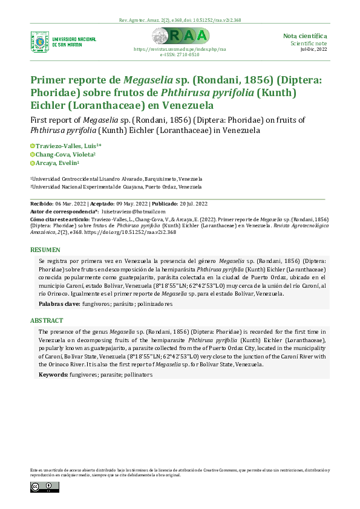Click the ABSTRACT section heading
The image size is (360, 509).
click(48, 320)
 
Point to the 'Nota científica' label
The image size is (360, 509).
click(305, 36)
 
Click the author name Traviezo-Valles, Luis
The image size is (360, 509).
click(66, 146)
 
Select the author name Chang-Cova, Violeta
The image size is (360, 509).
click(62, 154)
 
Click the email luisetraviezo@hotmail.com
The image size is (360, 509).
click(133, 212)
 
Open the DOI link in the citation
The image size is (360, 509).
click(140, 232)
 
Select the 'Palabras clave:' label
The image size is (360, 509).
click(59, 303)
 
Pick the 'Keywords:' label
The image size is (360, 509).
click(53, 375)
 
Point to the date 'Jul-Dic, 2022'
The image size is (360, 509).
click(313, 49)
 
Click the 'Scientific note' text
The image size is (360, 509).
click(309, 44)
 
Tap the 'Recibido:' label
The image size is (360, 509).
click(42, 204)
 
